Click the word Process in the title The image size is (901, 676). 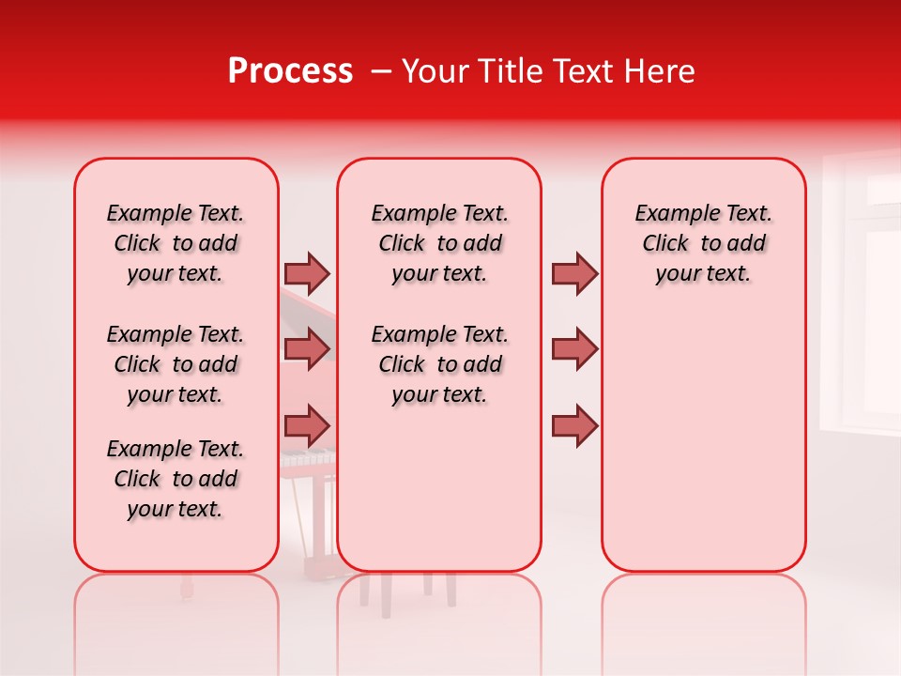pyautogui.click(x=290, y=71)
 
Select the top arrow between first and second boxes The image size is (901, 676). pyautogui.click(x=307, y=273)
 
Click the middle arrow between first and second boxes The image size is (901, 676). pyautogui.click(x=307, y=349)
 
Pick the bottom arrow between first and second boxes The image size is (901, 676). pyautogui.click(x=307, y=425)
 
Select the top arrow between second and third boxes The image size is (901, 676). pyautogui.click(x=574, y=273)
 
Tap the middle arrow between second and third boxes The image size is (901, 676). pyautogui.click(x=574, y=349)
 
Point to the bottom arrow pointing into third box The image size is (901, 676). pyautogui.click(x=574, y=425)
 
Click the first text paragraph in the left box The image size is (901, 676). pyautogui.click(x=176, y=243)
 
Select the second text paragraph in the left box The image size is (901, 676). pyautogui.click(x=176, y=364)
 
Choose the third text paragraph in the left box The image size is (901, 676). pyautogui.click(x=176, y=479)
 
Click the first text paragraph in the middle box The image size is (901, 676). pyautogui.click(x=439, y=243)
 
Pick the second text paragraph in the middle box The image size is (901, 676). pyautogui.click(x=439, y=364)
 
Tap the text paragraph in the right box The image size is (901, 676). pyautogui.click(x=703, y=243)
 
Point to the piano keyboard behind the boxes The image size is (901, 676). pyautogui.click(x=308, y=458)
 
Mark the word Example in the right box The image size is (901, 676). pyautogui.click(x=670, y=214)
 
